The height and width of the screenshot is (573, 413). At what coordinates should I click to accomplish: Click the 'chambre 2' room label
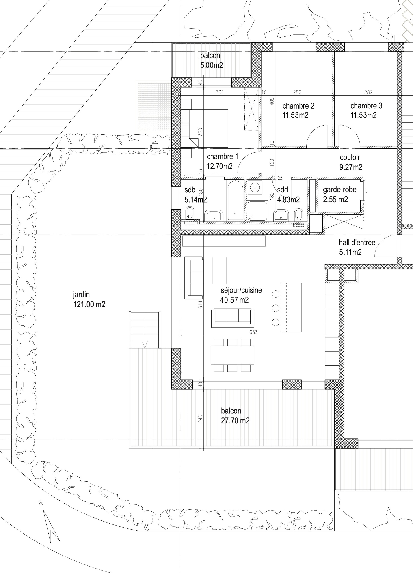298,106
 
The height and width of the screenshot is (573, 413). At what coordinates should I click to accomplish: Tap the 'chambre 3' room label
366,106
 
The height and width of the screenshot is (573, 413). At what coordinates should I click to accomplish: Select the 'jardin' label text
81,294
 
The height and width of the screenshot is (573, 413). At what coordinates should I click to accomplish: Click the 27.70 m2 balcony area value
235,421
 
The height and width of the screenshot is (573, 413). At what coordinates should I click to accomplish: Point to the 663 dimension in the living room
253,332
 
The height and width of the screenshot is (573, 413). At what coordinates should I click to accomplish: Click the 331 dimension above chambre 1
220,92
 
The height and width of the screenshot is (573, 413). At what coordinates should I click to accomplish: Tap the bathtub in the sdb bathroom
235,201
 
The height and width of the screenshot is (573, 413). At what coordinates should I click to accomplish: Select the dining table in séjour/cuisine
232,355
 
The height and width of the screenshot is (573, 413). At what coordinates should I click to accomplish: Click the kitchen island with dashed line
291,308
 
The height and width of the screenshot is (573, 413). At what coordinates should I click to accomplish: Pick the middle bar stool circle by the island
276,308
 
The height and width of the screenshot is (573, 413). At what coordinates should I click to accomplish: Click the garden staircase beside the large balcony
145,330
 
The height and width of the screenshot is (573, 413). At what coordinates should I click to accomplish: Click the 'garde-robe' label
340,190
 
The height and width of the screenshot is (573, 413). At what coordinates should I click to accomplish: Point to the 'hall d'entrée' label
357,243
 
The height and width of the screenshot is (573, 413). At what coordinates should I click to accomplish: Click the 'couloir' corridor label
350,157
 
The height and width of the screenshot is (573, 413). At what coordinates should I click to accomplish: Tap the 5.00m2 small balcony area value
212,65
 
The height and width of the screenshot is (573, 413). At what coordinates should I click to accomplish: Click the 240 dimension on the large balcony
201,419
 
